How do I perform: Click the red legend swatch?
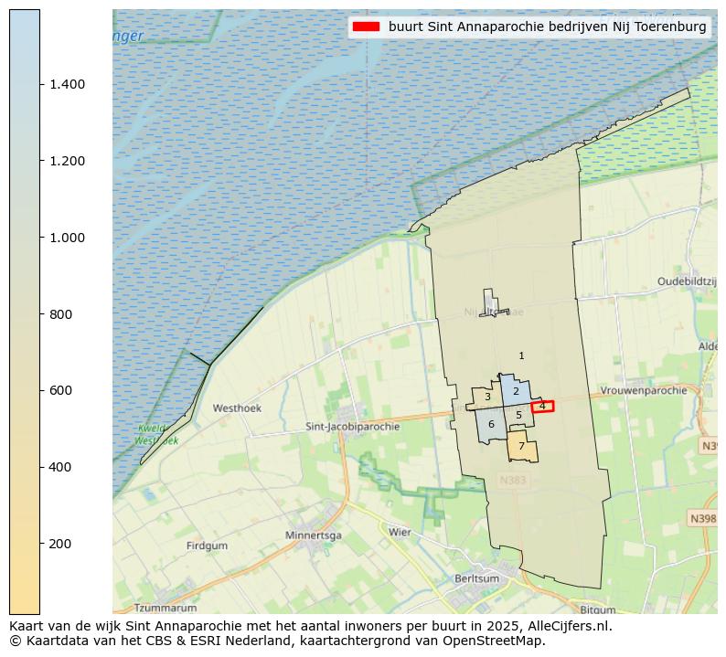pos(367,27)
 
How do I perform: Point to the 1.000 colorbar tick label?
pos(68,238)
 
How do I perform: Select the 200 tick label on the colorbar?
pos(61,544)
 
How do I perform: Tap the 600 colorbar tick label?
pos(61,390)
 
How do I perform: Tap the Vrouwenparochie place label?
pos(644,390)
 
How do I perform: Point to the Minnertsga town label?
pos(313,535)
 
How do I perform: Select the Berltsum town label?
pos(478,578)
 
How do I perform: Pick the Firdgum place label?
pos(207,546)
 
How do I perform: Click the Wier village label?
pos(400,532)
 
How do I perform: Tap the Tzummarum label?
pos(165,608)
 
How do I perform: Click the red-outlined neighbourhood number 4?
pos(542,406)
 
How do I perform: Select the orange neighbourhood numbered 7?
pos(521,447)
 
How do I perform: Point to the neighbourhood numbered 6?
pos(491,424)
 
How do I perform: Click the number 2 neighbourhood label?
pos(516,391)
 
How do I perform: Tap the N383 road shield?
pos(513,480)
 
